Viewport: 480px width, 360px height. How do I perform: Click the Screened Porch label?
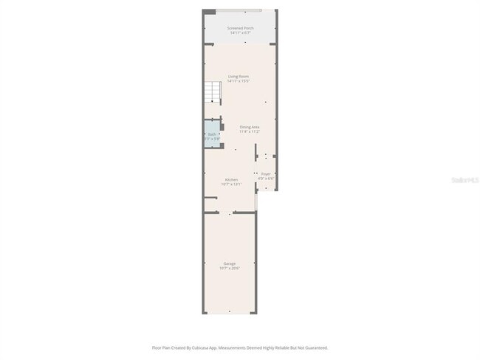tap(241, 28)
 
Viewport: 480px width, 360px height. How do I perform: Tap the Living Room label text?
tap(238, 77)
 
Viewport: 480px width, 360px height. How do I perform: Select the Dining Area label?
tap(250, 127)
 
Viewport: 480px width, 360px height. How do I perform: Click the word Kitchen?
tap(232, 179)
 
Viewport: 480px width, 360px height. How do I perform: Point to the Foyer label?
tap(266, 173)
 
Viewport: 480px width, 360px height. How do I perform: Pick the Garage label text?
tap(230, 263)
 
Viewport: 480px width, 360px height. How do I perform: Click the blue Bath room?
tap(212, 136)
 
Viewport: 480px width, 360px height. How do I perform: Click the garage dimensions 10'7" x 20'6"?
tap(230, 269)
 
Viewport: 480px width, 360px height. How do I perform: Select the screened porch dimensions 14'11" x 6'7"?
tap(241, 33)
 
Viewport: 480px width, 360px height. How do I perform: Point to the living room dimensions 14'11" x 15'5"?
tap(238, 81)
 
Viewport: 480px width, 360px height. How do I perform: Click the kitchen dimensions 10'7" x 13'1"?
tap(232, 184)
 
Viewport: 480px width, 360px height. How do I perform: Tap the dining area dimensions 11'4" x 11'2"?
tap(250, 131)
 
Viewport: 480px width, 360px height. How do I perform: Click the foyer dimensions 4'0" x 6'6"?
tap(266, 179)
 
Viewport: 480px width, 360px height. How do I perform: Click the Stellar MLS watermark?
tap(464, 179)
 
